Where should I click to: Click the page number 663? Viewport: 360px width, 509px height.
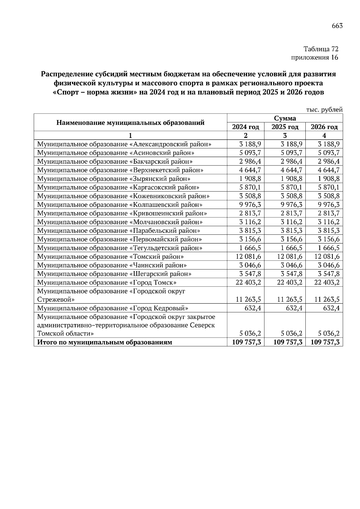[x=337, y=26]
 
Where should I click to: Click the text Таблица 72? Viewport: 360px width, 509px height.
[x=321, y=49]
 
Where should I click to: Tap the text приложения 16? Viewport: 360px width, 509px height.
[x=315, y=57]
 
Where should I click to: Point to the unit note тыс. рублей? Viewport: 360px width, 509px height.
[x=324, y=110]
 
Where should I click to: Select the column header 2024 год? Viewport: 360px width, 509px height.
[x=245, y=127]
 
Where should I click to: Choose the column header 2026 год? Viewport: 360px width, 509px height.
[x=324, y=127]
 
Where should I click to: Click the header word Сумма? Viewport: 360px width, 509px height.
[x=285, y=118]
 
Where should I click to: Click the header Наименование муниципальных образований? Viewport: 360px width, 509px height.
[x=130, y=122]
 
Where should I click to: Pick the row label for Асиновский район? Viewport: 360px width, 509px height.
[x=115, y=153]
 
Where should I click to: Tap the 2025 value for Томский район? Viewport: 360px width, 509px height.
[x=288, y=257]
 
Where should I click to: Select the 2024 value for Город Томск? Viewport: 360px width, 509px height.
[x=246, y=283]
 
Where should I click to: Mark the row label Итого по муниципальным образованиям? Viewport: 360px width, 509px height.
[x=104, y=342]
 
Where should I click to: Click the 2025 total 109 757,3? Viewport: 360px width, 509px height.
[x=288, y=342]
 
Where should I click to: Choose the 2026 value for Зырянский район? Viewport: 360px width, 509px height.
[x=329, y=179]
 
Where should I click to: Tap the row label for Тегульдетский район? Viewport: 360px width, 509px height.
[x=119, y=248]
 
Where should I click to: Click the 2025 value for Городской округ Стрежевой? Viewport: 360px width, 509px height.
[x=288, y=299]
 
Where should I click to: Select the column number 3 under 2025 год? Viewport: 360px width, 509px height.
[x=285, y=135]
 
